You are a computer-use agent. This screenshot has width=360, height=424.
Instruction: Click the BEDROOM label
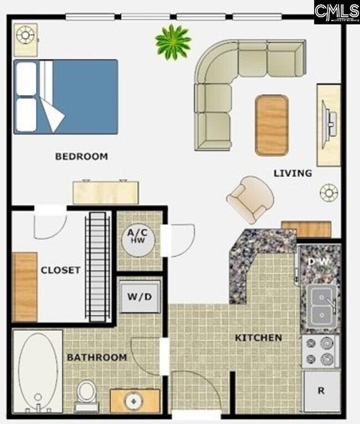point(81,157)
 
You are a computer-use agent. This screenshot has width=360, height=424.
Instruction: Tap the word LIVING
point(292,173)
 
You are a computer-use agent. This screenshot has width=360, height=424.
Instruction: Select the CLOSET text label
point(60,270)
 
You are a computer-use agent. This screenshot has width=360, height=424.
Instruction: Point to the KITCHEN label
point(258,338)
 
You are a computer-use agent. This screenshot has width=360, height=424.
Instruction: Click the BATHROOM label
point(97,358)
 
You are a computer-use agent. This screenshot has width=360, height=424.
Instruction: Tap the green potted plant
point(173,42)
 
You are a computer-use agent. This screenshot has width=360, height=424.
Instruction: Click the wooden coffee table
point(271,125)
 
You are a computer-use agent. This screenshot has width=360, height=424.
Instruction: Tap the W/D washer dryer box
point(140,297)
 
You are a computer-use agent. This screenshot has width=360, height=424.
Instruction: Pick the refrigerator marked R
point(321,391)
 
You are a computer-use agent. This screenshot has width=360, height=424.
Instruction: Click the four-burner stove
point(321,351)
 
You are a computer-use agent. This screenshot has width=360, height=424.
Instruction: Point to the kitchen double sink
point(321,306)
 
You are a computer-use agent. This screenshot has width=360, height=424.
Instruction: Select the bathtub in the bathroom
point(38,370)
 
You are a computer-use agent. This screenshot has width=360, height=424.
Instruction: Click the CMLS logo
point(336,12)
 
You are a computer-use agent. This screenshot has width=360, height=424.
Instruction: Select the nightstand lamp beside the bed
point(25,35)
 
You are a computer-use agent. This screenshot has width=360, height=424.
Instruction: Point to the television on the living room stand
point(330,125)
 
